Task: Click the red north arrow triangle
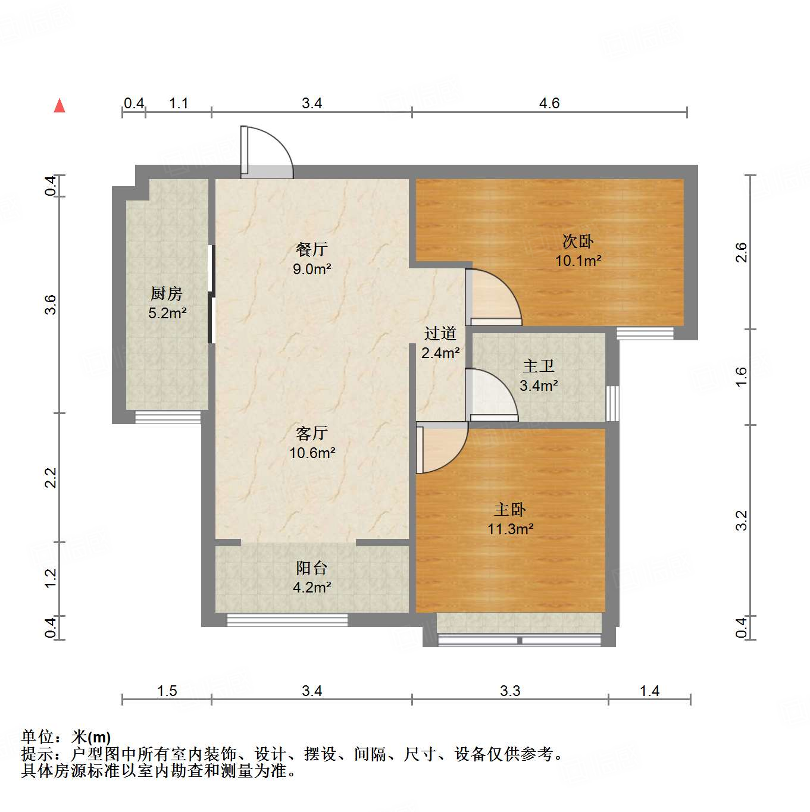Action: point(60,106)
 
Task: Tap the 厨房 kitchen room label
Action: point(166,293)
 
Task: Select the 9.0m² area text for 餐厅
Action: point(312,269)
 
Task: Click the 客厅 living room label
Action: point(312,433)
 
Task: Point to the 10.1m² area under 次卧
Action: point(578,261)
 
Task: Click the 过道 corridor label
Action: point(440,333)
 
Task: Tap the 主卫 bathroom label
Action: point(539,366)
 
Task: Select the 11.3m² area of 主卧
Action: point(510,529)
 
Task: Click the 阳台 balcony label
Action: point(312,568)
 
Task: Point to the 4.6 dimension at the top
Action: point(549,104)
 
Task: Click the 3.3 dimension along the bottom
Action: point(510,691)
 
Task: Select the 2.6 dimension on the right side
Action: point(741,252)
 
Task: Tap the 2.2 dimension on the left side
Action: point(51,478)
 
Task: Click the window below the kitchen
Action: point(168,417)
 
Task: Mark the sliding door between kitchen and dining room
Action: point(211,294)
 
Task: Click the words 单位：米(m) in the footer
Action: point(66,738)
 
